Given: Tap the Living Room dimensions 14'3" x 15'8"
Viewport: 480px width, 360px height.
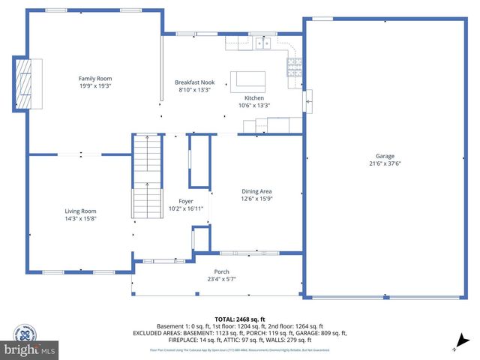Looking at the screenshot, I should (80, 219).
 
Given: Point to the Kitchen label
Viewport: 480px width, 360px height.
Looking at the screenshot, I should (254, 98).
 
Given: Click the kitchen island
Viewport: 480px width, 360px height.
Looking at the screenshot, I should (248, 79).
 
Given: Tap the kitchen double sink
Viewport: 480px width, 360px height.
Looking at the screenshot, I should (262, 43).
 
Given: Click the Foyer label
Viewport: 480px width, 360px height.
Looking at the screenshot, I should (186, 200).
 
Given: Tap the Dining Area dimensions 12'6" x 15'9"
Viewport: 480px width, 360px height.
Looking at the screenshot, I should (256, 199).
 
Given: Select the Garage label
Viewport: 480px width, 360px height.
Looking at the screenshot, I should (385, 156).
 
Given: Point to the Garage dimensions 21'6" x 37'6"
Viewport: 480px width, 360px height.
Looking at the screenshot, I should (385, 163).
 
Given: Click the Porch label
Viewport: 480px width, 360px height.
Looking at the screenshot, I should (221, 271).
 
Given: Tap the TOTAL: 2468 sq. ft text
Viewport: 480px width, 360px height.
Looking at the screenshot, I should (239, 319).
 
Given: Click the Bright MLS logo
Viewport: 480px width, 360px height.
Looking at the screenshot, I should (30, 349).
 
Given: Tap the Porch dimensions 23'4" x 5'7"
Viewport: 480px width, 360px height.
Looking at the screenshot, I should (221, 279).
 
